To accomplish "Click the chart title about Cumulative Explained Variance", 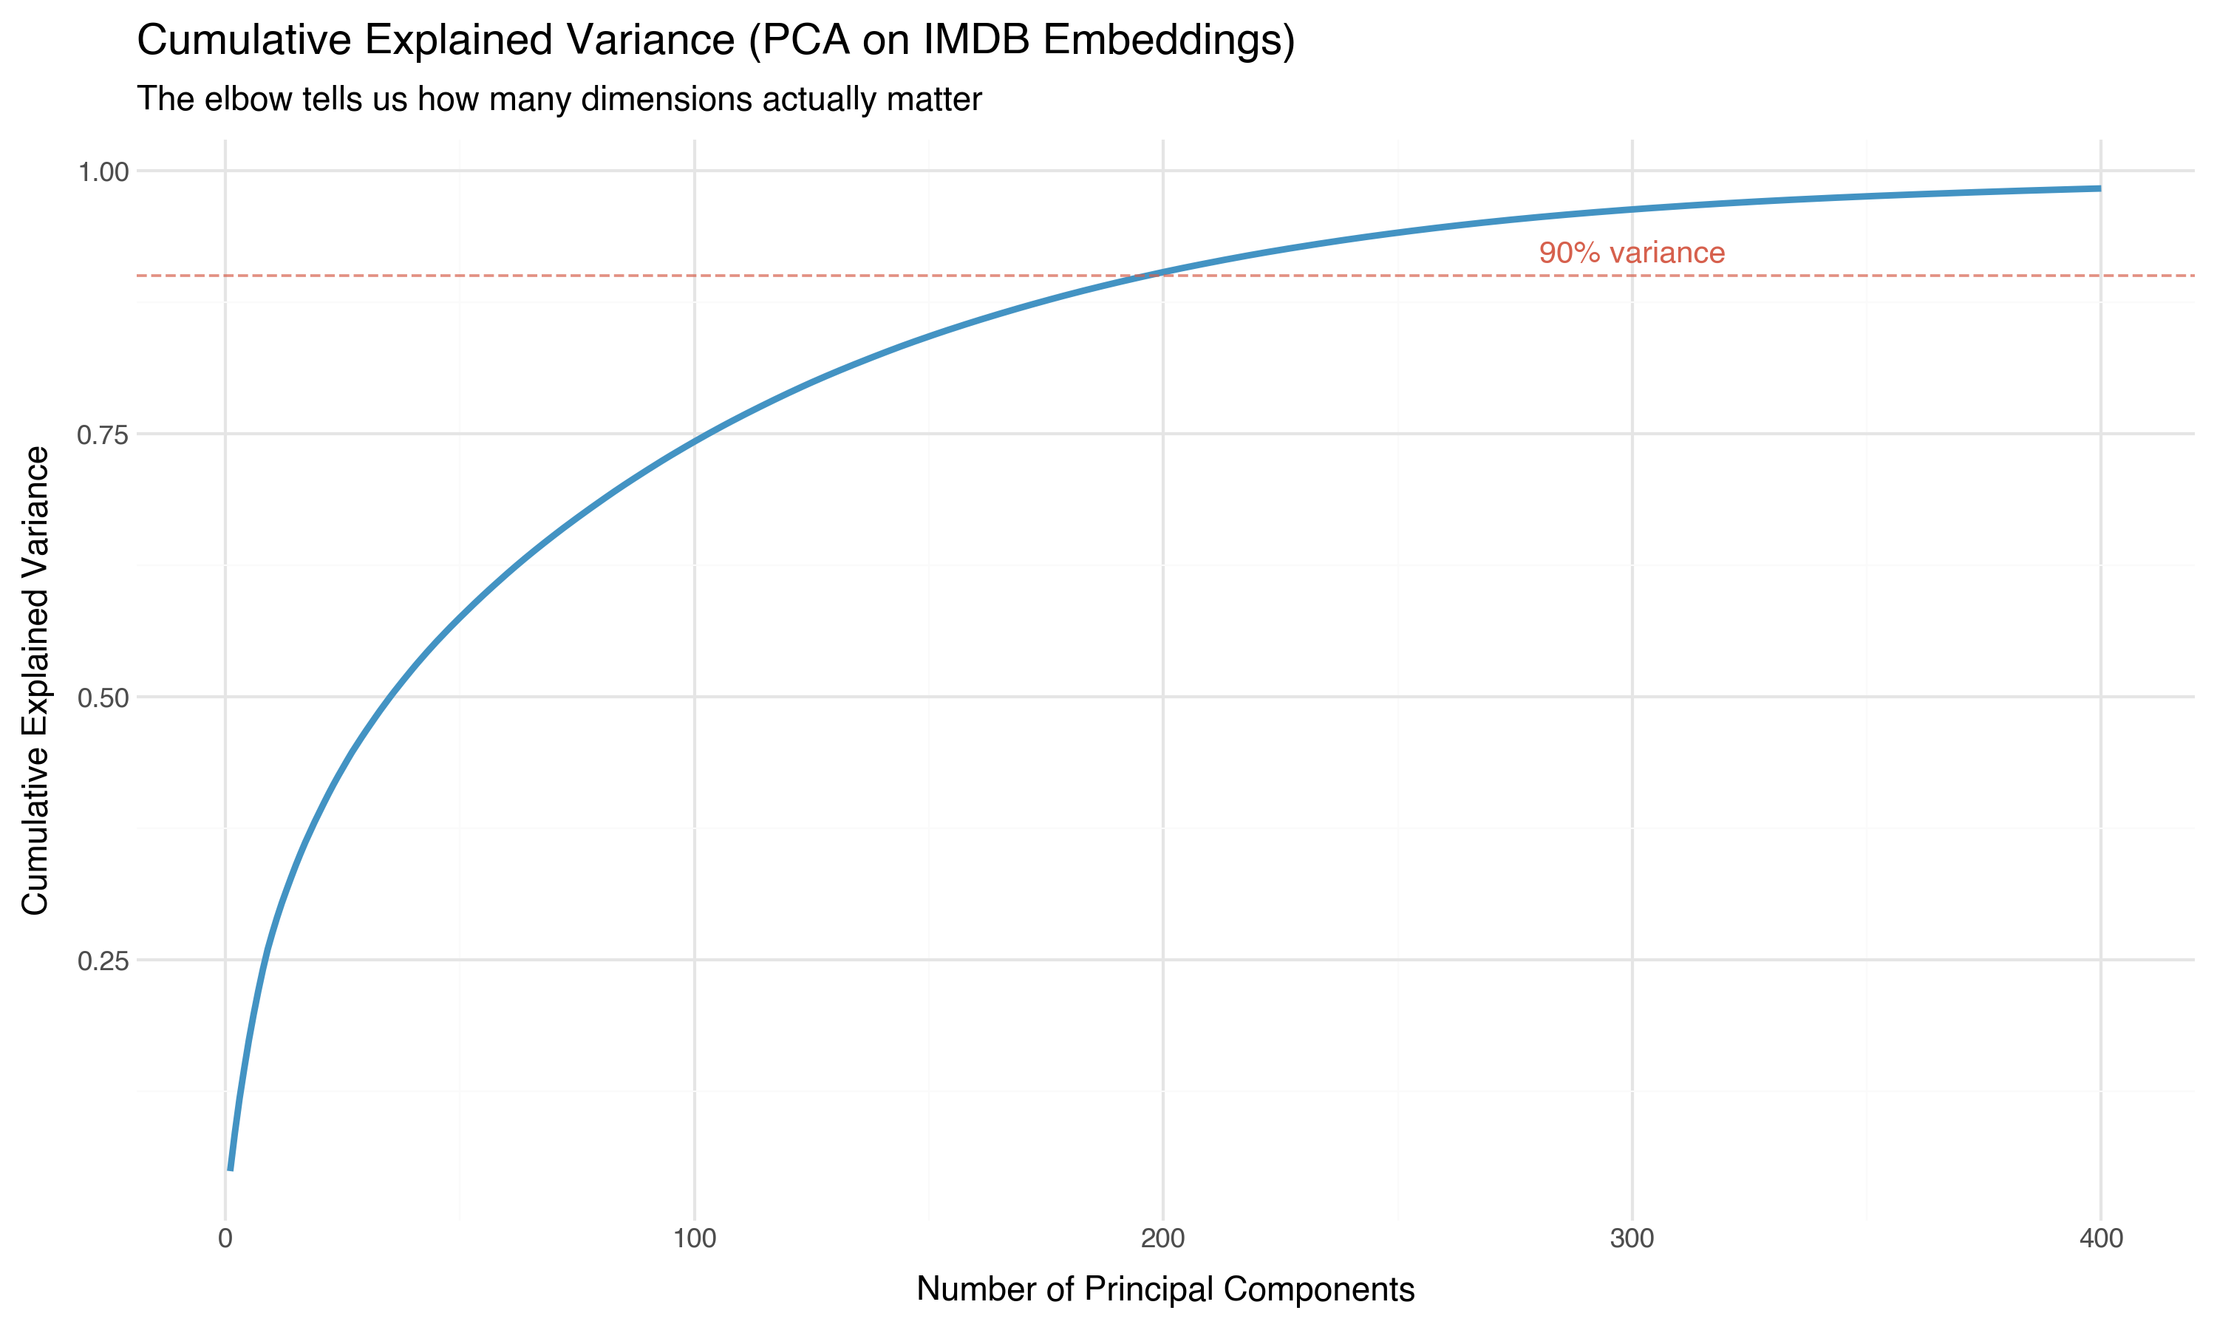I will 715,41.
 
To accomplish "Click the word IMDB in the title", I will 976,41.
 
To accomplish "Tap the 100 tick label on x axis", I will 695,1239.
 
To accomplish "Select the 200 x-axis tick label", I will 1163,1239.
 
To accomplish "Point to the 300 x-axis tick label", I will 1632,1239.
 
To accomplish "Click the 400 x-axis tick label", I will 2100,1239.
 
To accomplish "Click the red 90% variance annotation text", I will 1632,253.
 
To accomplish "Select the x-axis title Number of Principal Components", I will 1165,1289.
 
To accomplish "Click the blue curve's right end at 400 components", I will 2099,189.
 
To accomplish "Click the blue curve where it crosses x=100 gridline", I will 695,439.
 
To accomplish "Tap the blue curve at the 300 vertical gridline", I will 1632,210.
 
